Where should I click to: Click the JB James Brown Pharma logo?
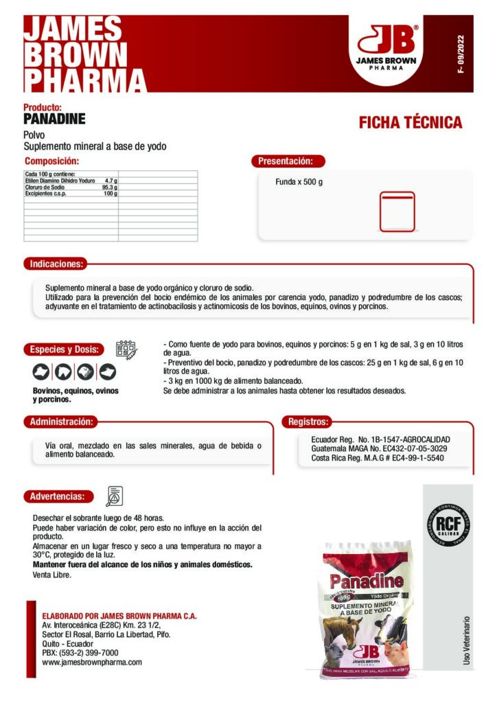(387, 46)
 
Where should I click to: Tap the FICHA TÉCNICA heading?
(410, 123)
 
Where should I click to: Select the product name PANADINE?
(54, 119)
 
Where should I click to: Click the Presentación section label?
(286, 161)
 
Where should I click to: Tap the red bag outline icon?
(397, 211)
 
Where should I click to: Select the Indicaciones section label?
(56, 264)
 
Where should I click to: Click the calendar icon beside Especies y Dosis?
(126, 349)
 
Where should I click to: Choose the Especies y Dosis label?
(64, 349)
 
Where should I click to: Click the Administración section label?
(60, 422)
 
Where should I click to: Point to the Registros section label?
(309, 422)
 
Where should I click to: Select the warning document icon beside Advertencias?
(115, 495)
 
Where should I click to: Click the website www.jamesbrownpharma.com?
(92, 662)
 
